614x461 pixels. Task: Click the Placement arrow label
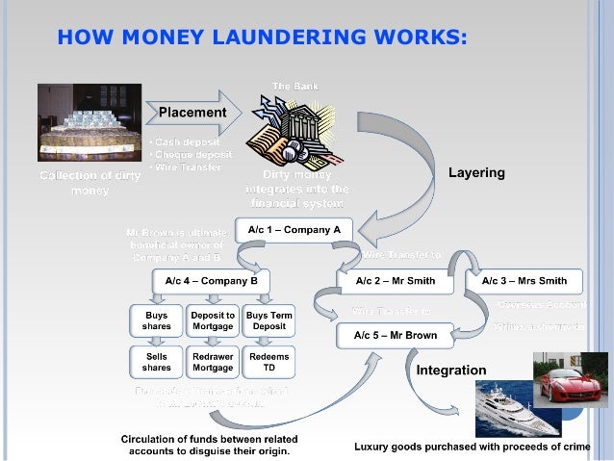pyautogui.click(x=192, y=113)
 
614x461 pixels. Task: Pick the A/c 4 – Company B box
pyautogui.click(x=211, y=281)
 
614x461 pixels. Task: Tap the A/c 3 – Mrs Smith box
pyautogui.click(x=524, y=281)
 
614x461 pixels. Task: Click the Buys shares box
pyautogui.click(x=157, y=320)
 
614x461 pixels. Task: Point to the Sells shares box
pyautogui.click(x=157, y=362)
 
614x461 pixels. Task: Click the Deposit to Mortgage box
pyautogui.click(x=213, y=320)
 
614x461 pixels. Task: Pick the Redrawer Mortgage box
pyautogui.click(x=213, y=362)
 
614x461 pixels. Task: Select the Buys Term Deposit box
pyautogui.click(x=269, y=320)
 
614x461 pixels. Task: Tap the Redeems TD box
pyautogui.click(x=269, y=362)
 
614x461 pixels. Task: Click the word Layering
pyautogui.click(x=476, y=173)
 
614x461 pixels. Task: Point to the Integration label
pyautogui.click(x=451, y=370)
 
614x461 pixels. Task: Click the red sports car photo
pyautogui.click(x=570, y=379)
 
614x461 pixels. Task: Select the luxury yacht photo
pyautogui.click(x=517, y=409)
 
